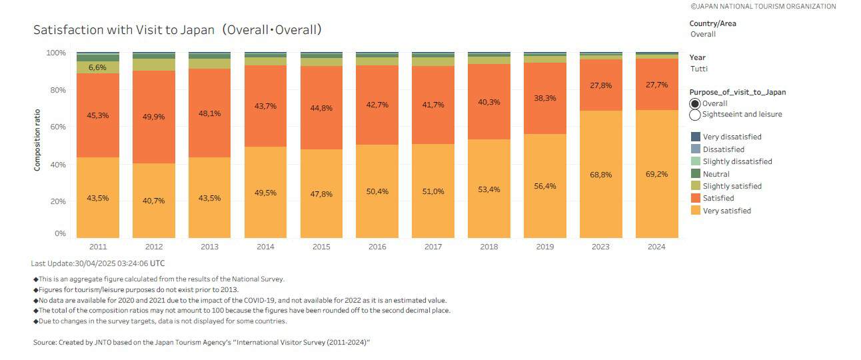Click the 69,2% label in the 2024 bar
[x=656, y=174]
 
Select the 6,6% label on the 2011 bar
[x=98, y=68]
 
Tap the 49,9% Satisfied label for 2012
[x=153, y=117]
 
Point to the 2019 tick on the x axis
[x=544, y=247]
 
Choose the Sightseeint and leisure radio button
[x=695, y=114]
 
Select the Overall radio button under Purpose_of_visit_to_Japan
[x=695, y=103]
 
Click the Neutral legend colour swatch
[x=695, y=174]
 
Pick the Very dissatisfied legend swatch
[x=695, y=137]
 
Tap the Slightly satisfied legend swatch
[x=695, y=186]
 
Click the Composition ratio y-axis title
[x=37, y=140]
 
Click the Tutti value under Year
[x=699, y=69]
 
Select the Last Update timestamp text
[x=98, y=263]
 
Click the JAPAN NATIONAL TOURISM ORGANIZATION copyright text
[x=763, y=6]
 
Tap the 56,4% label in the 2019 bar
[x=544, y=186]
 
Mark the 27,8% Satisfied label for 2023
[x=600, y=86]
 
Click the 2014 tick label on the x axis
[x=265, y=247]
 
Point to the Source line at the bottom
[x=201, y=342]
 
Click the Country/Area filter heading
[x=712, y=23]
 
